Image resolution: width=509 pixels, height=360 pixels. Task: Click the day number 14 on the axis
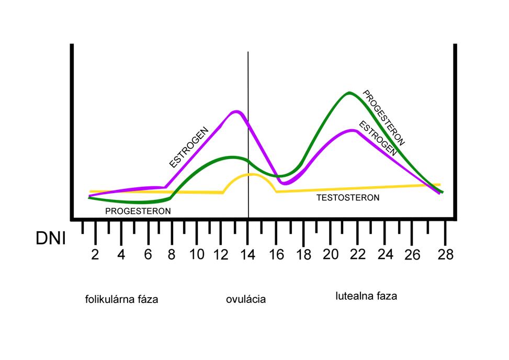(247, 255)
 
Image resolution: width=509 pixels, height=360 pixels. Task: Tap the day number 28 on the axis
(446, 255)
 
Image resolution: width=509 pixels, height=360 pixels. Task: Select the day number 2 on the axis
(95, 255)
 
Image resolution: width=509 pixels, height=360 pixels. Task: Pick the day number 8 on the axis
(171, 255)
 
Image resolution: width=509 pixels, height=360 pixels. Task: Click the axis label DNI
(51, 238)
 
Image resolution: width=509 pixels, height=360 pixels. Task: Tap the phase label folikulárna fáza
(121, 300)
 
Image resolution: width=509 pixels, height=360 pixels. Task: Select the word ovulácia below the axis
(246, 299)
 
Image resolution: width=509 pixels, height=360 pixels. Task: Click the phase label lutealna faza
(366, 296)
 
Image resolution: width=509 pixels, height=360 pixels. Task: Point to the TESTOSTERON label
(348, 198)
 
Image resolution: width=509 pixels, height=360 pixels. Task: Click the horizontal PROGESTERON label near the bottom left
(138, 211)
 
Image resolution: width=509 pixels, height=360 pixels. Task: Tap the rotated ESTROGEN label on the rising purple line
(189, 147)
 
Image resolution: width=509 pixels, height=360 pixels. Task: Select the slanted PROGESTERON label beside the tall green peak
(384, 118)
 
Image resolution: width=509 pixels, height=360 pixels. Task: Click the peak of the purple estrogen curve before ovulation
(236, 111)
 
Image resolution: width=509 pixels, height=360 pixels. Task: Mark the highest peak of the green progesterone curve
(349, 93)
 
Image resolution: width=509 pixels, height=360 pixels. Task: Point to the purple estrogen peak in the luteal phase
(354, 130)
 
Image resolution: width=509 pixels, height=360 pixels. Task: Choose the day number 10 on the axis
(197, 255)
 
